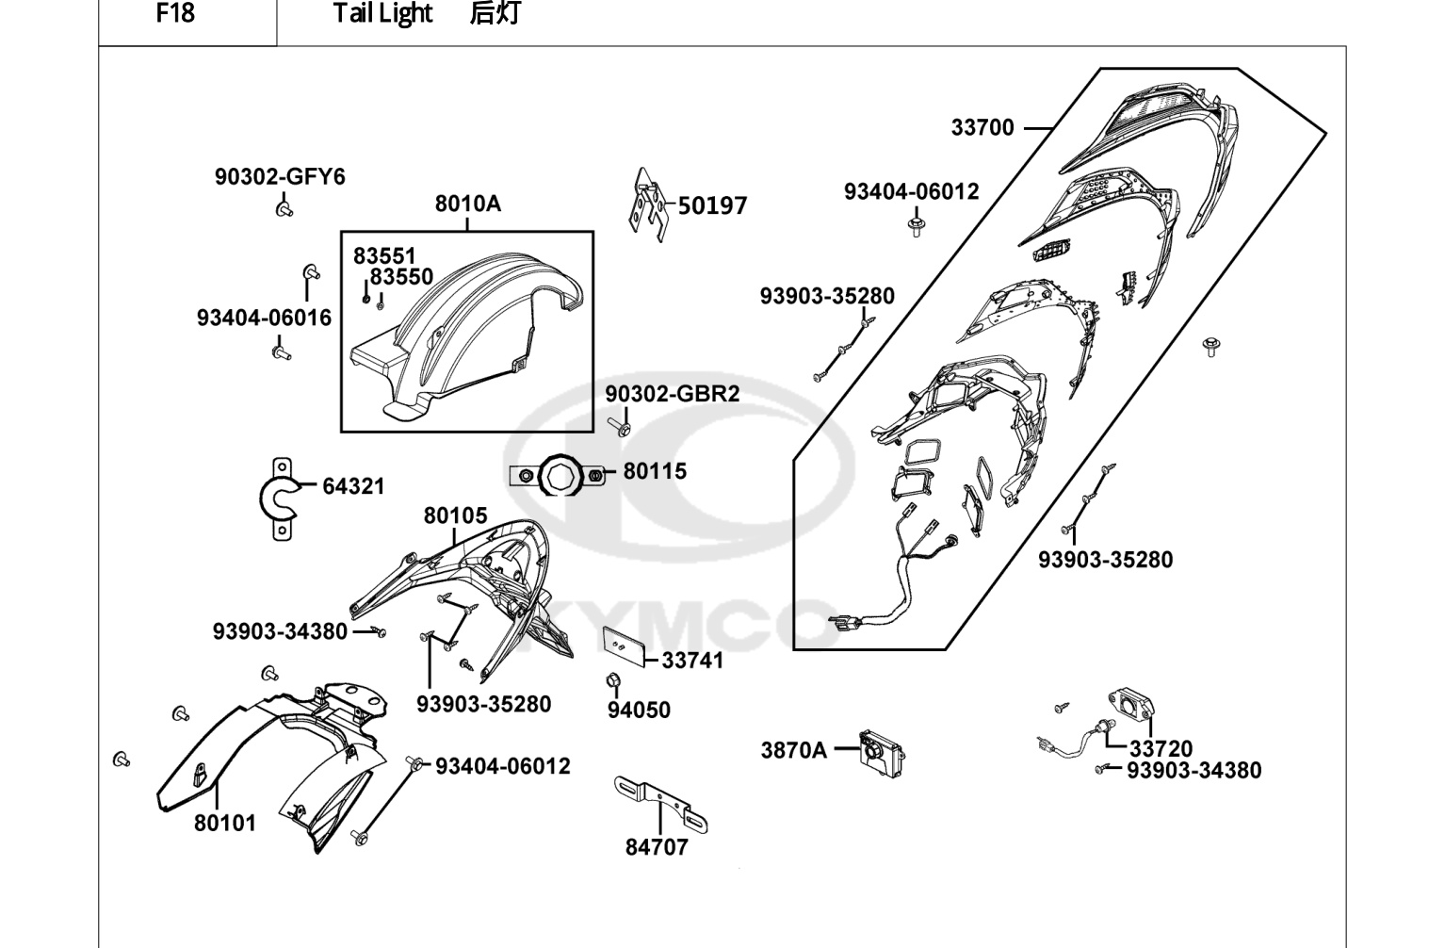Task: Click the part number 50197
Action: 712,205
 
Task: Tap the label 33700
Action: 982,128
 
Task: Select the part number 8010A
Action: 467,204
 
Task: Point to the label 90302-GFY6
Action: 280,177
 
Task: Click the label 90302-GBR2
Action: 673,394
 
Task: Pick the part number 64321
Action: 353,486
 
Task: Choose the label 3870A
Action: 793,750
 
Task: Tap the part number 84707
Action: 657,847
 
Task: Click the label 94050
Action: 639,710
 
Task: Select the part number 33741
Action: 692,661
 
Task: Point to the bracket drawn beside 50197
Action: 649,204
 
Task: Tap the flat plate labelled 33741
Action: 624,646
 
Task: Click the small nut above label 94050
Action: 613,679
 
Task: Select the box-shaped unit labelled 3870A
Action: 882,754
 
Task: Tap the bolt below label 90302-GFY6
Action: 284,209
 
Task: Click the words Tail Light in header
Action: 382,13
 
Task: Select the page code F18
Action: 175,13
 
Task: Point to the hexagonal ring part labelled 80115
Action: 558,476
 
